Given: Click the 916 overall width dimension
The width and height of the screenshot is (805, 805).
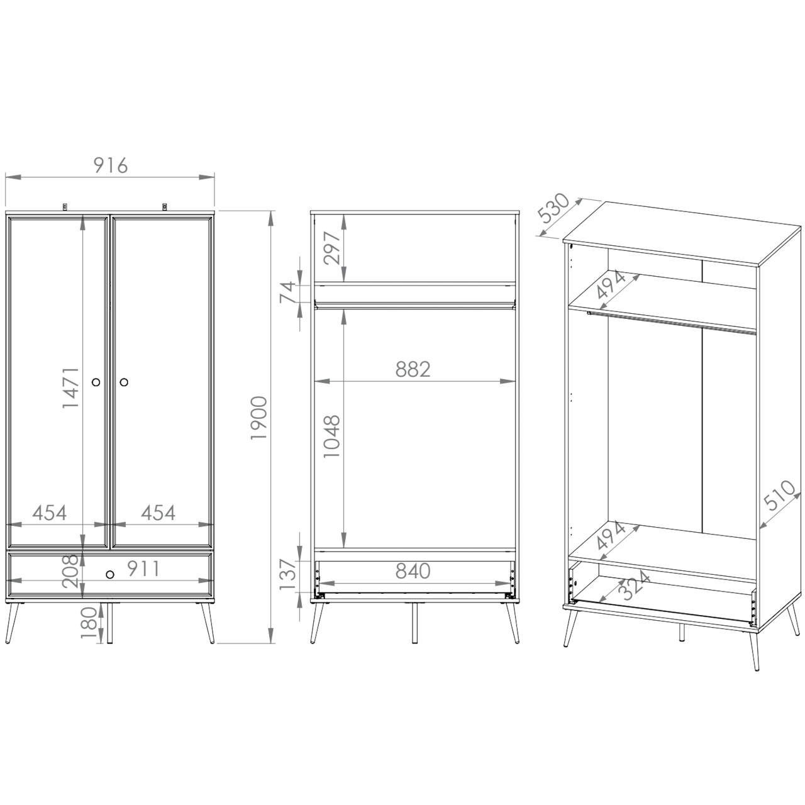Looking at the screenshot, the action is [x=110, y=165].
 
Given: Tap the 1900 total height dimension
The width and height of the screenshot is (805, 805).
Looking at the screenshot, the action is [x=259, y=418].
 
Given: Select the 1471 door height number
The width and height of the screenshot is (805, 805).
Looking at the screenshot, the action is [x=70, y=388].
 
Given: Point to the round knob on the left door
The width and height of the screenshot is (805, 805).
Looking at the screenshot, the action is [x=96, y=382].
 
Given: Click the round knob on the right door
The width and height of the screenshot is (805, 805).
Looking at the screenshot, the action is [x=124, y=382].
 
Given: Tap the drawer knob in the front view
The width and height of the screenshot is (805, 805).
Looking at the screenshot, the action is [x=110, y=574].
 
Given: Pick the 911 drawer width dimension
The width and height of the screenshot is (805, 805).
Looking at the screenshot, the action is [x=143, y=569].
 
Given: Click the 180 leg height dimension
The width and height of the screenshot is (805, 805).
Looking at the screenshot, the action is [x=89, y=623].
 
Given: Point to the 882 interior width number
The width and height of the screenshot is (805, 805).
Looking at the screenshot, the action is [x=413, y=369].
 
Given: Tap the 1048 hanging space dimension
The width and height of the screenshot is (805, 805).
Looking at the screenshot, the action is [x=333, y=436].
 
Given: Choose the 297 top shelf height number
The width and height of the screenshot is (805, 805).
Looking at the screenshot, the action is [x=333, y=248].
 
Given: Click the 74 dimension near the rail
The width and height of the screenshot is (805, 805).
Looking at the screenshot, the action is [x=287, y=292].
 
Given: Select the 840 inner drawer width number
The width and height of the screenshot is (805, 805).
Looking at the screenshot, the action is [x=413, y=571].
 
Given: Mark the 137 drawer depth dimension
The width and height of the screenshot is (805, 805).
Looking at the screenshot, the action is [x=287, y=574].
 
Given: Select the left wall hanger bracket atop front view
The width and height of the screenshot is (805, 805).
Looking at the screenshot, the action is [x=65, y=207].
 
